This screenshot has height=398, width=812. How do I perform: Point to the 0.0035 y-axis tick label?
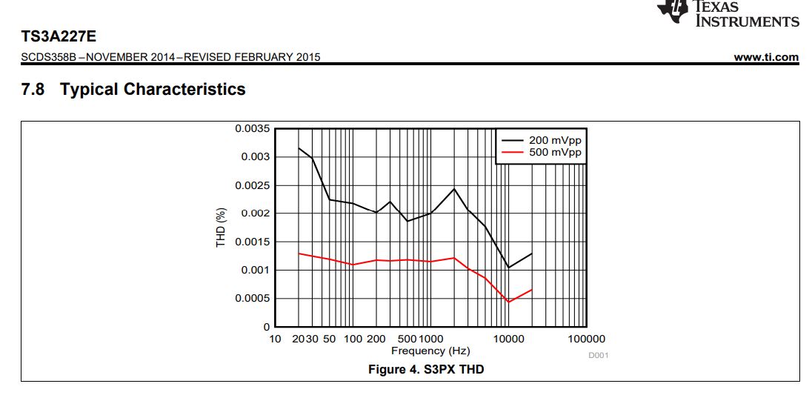click(x=253, y=129)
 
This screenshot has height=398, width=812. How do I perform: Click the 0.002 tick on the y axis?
click(x=256, y=213)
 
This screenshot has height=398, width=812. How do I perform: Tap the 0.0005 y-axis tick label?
click(x=253, y=299)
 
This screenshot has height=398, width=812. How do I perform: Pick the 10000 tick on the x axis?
click(x=508, y=339)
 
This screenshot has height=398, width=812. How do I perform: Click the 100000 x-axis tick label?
click(x=587, y=339)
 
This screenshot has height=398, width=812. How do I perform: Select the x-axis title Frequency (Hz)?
click(x=430, y=351)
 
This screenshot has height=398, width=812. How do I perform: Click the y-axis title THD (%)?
click(x=221, y=228)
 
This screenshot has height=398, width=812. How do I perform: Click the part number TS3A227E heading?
click(x=59, y=36)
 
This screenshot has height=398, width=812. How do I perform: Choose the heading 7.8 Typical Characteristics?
click(x=133, y=90)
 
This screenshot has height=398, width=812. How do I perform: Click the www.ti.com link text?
click(x=766, y=57)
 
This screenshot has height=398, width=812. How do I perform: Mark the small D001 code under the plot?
click(x=598, y=356)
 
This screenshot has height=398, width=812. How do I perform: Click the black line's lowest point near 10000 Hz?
click(x=509, y=268)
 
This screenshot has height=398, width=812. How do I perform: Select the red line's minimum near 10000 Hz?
click(x=509, y=302)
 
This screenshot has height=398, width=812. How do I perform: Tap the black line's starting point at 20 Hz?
click(x=299, y=148)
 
